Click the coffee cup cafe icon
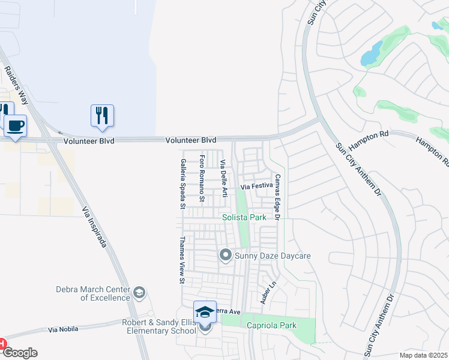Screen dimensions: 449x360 [16, 127]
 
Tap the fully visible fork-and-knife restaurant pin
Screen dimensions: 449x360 [102, 116]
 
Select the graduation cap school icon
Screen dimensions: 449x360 [205, 313]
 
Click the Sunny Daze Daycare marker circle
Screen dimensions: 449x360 [226, 256]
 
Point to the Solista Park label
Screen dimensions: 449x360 [244, 217]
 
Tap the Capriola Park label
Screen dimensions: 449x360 [271, 325]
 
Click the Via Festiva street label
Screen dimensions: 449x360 [257, 187]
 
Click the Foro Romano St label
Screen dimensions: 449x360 [202, 179]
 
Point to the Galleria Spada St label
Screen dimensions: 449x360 [182, 184]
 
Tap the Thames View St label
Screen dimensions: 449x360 [181, 259]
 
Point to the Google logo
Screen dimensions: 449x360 [19, 353]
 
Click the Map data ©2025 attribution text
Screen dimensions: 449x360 [423, 355]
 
